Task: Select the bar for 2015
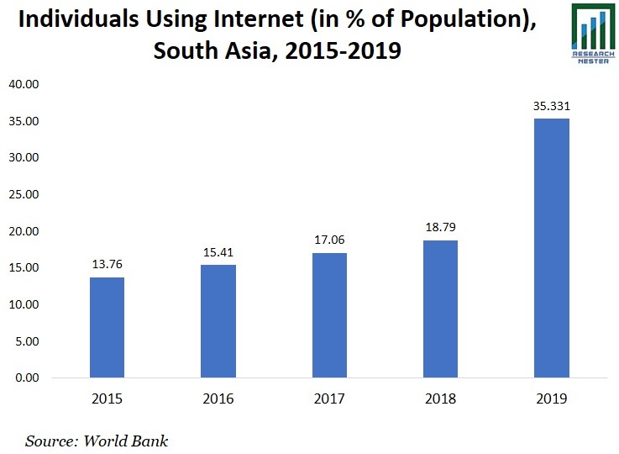click(x=108, y=327)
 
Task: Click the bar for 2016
click(x=218, y=321)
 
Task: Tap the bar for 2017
click(x=329, y=315)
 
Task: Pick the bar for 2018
click(x=440, y=309)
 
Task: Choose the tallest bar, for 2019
click(x=551, y=248)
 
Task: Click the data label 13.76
click(x=108, y=264)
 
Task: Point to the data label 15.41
click(x=218, y=251)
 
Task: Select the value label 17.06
click(x=329, y=240)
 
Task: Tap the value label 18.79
click(x=440, y=227)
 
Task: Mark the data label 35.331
click(x=551, y=106)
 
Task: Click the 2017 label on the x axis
click(x=329, y=399)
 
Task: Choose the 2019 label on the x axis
click(x=551, y=399)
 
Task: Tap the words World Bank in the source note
click(x=132, y=440)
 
